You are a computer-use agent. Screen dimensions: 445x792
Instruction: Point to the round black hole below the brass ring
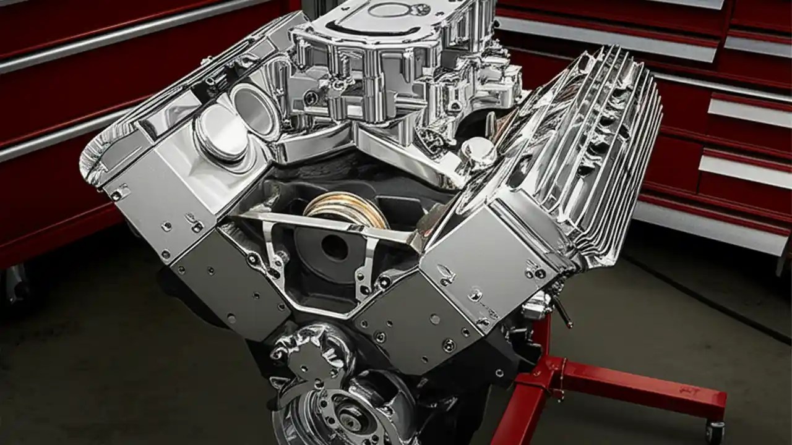click(x=334, y=247)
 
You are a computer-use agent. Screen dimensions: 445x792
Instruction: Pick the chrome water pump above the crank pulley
click(x=309, y=352)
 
